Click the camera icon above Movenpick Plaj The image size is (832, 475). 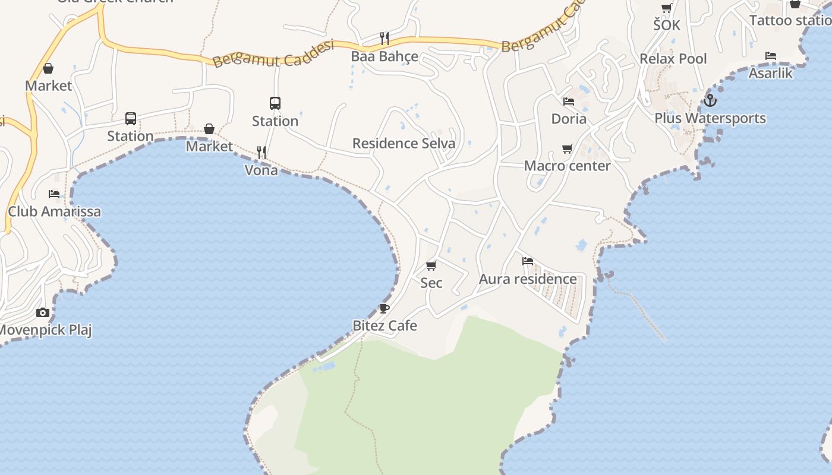(43, 312)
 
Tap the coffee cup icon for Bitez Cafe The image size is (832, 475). (385, 308)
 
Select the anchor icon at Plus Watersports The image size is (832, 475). (710, 100)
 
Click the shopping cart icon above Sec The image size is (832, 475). (431, 265)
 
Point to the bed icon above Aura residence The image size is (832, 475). (527, 261)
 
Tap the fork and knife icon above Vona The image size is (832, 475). (261, 152)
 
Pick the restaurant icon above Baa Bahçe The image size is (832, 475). (385, 39)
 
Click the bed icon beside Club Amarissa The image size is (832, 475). (54, 194)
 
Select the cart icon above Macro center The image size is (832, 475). (568, 148)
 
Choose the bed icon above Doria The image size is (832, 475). (569, 101)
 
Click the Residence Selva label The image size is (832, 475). (404, 143)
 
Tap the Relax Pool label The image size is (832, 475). (673, 59)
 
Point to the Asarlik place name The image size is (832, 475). (771, 73)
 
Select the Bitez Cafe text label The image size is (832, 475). (385, 325)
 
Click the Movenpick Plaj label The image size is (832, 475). (46, 330)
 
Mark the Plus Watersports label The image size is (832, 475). (710, 118)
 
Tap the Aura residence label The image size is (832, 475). (528, 279)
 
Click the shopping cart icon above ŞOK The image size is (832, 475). (667, 8)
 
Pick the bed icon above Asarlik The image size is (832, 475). (771, 56)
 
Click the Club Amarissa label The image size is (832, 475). (54, 211)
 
